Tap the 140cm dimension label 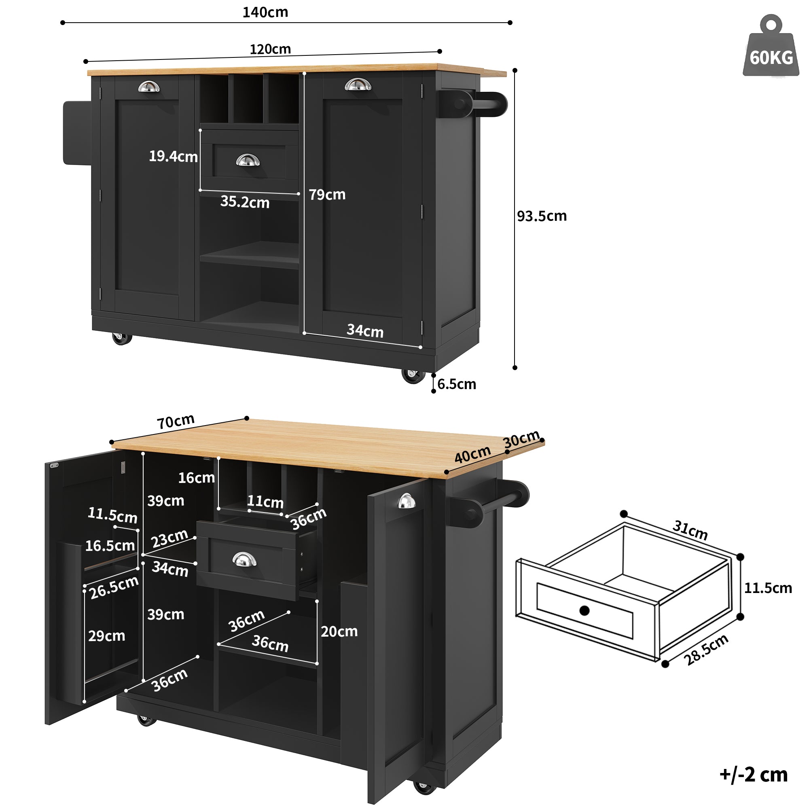(265, 12)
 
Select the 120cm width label (270, 49)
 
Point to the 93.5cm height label (542, 216)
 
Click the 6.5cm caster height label (456, 384)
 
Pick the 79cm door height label (327, 195)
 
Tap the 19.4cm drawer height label (173, 157)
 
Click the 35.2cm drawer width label (245, 202)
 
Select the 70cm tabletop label (176, 421)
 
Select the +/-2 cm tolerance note (753, 774)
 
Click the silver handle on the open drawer (244, 559)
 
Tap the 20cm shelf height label (339, 631)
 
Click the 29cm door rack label (106, 636)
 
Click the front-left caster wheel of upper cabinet (121, 338)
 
